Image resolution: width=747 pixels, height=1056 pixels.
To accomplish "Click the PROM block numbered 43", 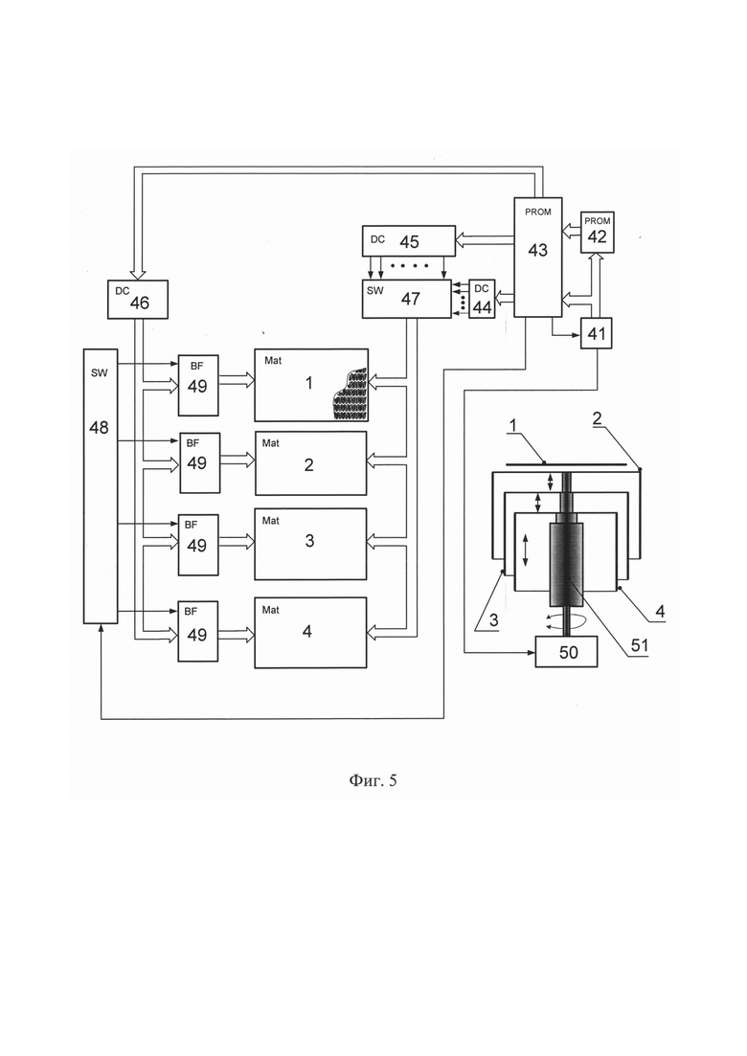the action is coord(537,257).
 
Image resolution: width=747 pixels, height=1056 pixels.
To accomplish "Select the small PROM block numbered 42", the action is coord(598,233).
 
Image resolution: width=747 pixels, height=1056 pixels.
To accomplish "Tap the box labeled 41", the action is coord(596,333).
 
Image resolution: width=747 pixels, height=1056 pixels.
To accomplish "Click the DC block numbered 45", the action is coord(408,241).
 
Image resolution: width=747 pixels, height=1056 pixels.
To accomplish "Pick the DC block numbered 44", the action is coord(482,299).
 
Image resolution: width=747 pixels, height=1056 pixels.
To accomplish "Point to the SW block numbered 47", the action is coord(407,299).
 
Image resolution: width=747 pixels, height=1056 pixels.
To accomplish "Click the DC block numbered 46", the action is coord(137,299).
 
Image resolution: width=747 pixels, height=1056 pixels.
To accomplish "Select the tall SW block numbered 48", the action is coord(101,486).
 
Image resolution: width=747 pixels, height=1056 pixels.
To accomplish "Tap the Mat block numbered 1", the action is coord(311,385).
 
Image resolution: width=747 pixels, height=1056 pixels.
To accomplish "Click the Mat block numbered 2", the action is coord(310,463).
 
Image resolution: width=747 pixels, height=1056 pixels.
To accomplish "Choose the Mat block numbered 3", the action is coord(310,544).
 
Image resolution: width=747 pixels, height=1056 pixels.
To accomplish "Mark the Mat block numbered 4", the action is coord(310,633).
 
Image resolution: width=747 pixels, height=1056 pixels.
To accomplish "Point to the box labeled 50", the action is coord(567,651).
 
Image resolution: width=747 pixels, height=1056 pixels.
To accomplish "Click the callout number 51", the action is coord(639,645).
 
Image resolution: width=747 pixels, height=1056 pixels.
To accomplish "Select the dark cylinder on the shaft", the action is coord(567,564).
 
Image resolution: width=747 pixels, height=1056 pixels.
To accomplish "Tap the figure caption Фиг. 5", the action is coord(373,780).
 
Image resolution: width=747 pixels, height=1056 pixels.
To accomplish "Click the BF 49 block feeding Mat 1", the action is coord(198,385).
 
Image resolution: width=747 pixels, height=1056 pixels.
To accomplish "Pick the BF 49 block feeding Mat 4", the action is coord(198,631).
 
